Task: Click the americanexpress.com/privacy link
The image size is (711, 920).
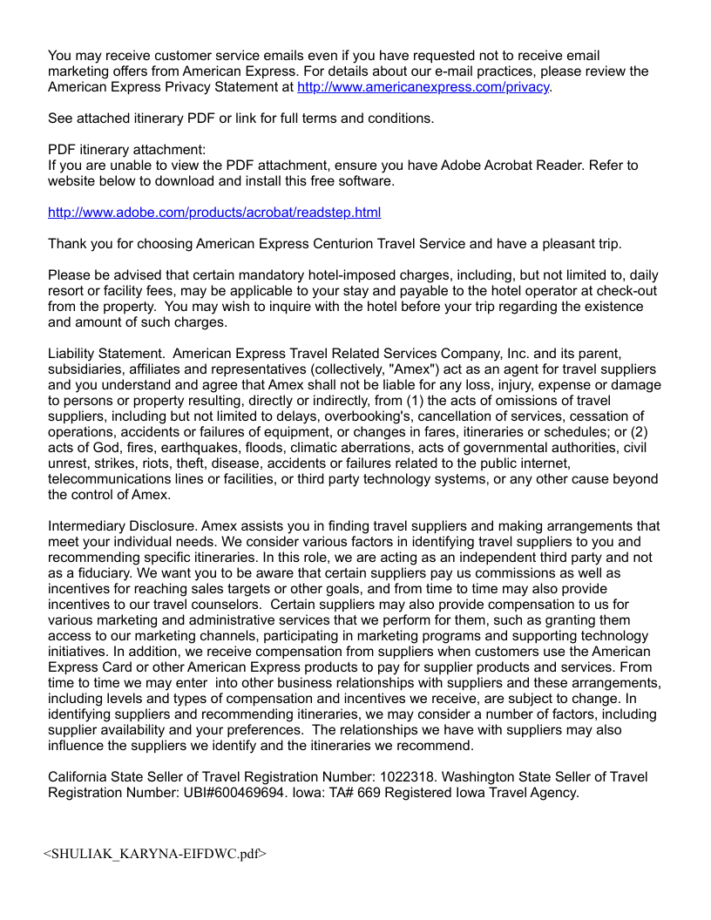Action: tap(423, 87)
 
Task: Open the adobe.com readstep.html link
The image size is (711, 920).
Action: tap(214, 213)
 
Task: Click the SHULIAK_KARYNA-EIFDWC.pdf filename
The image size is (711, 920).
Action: tap(155, 854)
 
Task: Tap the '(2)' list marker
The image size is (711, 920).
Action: tap(646, 432)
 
